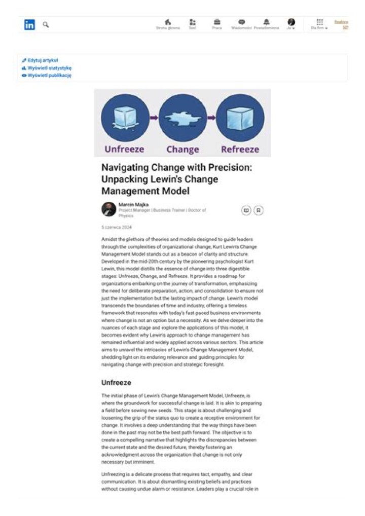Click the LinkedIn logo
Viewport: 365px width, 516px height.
pos(29,24)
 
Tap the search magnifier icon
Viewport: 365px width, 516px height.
pos(46,24)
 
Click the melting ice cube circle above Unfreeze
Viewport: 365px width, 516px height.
pos(125,118)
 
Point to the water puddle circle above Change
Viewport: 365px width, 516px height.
pos(182,118)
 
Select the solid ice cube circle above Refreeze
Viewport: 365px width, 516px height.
pos(240,118)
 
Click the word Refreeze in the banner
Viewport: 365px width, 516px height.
pos(240,149)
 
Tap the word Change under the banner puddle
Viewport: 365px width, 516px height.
pos(182,149)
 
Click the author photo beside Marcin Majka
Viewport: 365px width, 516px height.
pos(108,209)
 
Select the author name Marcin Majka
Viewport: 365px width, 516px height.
pos(130,204)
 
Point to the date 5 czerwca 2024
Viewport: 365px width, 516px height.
pos(117,228)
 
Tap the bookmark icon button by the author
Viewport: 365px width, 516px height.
pos(259,210)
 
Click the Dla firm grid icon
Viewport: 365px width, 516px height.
pos(319,22)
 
